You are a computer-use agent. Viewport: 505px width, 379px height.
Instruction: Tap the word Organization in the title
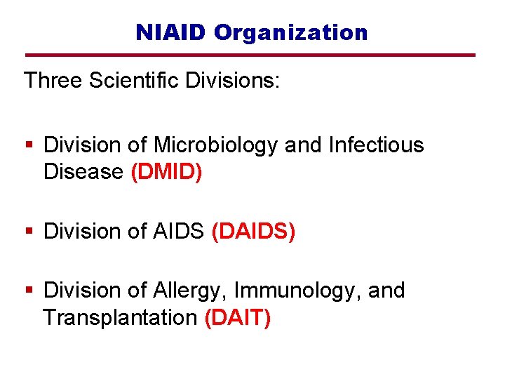[x=291, y=32]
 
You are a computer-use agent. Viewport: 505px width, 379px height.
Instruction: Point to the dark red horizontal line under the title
[x=250, y=55]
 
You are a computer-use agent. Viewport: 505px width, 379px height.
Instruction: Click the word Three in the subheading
[x=53, y=81]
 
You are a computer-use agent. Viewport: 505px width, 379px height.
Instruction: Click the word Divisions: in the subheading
[x=233, y=81]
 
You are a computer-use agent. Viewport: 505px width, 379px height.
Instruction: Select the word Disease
[x=83, y=172]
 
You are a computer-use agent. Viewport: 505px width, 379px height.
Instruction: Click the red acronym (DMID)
[x=167, y=172]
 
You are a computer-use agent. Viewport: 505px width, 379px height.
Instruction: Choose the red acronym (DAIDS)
[x=253, y=232]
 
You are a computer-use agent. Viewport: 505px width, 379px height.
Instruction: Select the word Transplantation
[x=120, y=318]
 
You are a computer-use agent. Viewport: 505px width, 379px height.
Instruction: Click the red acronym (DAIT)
[x=237, y=318]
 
